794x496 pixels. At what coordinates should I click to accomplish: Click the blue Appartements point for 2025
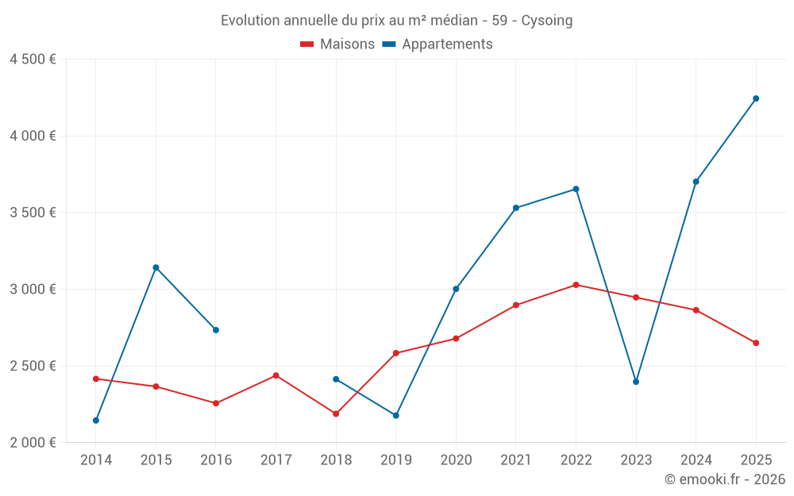[x=756, y=98]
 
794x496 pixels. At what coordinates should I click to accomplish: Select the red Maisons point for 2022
[x=576, y=285]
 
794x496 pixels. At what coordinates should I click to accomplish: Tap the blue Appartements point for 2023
[x=636, y=382]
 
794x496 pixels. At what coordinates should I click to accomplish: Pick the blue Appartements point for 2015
[x=156, y=267]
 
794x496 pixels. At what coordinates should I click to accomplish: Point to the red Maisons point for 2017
[x=276, y=375]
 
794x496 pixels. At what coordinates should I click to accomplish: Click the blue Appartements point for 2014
[x=96, y=421]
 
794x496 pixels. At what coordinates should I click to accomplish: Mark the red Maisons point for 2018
[x=336, y=414]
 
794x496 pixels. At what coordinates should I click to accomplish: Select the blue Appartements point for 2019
[x=396, y=416]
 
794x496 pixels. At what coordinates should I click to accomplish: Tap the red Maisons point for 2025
[x=756, y=343]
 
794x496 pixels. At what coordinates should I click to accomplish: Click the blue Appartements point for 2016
[x=216, y=330]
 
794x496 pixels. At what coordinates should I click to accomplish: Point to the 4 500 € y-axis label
[x=33, y=60]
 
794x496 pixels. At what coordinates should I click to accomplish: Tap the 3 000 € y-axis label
[x=33, y=289]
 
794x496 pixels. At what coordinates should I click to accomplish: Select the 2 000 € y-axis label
[x=33, y=443]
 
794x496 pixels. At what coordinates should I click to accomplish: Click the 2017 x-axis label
[x=276, y=460]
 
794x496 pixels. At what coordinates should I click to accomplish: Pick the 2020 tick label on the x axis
[x=456, y=460]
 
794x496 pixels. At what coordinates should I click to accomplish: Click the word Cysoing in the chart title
[x=546, y=21]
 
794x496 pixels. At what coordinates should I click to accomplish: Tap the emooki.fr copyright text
[x=724, y=479]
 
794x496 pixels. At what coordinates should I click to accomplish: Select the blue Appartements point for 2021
[x=516, y=208]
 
